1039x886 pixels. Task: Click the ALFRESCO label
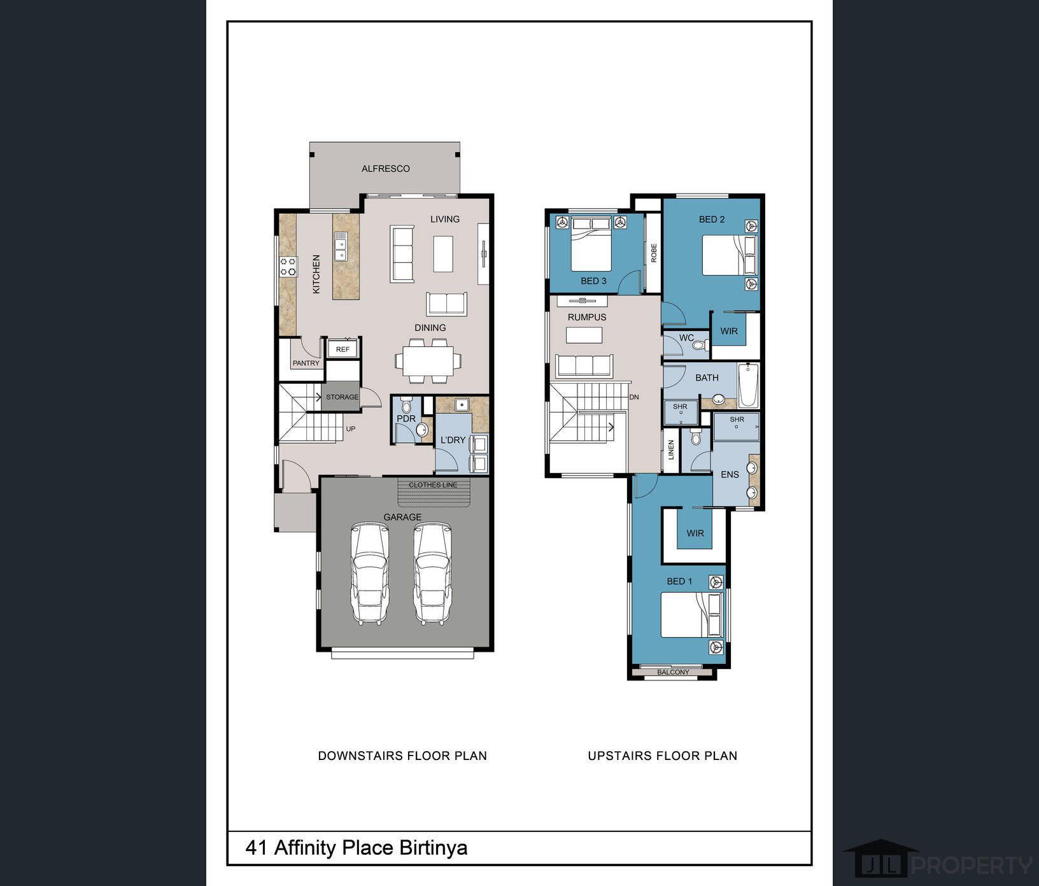386,169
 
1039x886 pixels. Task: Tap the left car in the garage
370,573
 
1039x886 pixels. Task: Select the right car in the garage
432,573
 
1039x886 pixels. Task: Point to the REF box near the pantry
343,349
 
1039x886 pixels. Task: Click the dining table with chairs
428,361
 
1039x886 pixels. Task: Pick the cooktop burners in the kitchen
288,266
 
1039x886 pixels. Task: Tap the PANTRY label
306,363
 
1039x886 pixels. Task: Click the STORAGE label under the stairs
343,397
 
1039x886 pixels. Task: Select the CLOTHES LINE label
433,485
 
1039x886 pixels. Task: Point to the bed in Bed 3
591,244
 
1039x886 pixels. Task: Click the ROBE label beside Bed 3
654,253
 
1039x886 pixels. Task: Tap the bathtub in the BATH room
748,385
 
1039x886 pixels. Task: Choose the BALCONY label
673,672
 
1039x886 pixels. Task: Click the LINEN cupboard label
671,450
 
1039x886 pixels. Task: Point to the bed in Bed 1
691,615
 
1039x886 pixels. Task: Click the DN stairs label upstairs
634,397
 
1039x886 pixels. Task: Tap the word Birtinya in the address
434,848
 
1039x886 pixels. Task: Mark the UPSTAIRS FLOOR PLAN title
663,756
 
